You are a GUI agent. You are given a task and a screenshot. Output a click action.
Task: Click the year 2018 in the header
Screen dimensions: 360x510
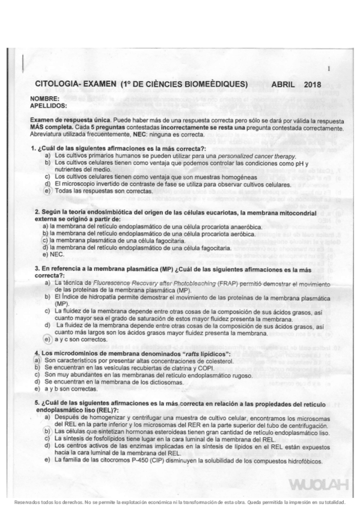coord(313,85)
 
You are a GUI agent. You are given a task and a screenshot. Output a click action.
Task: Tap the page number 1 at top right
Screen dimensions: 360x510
coord(329,69)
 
